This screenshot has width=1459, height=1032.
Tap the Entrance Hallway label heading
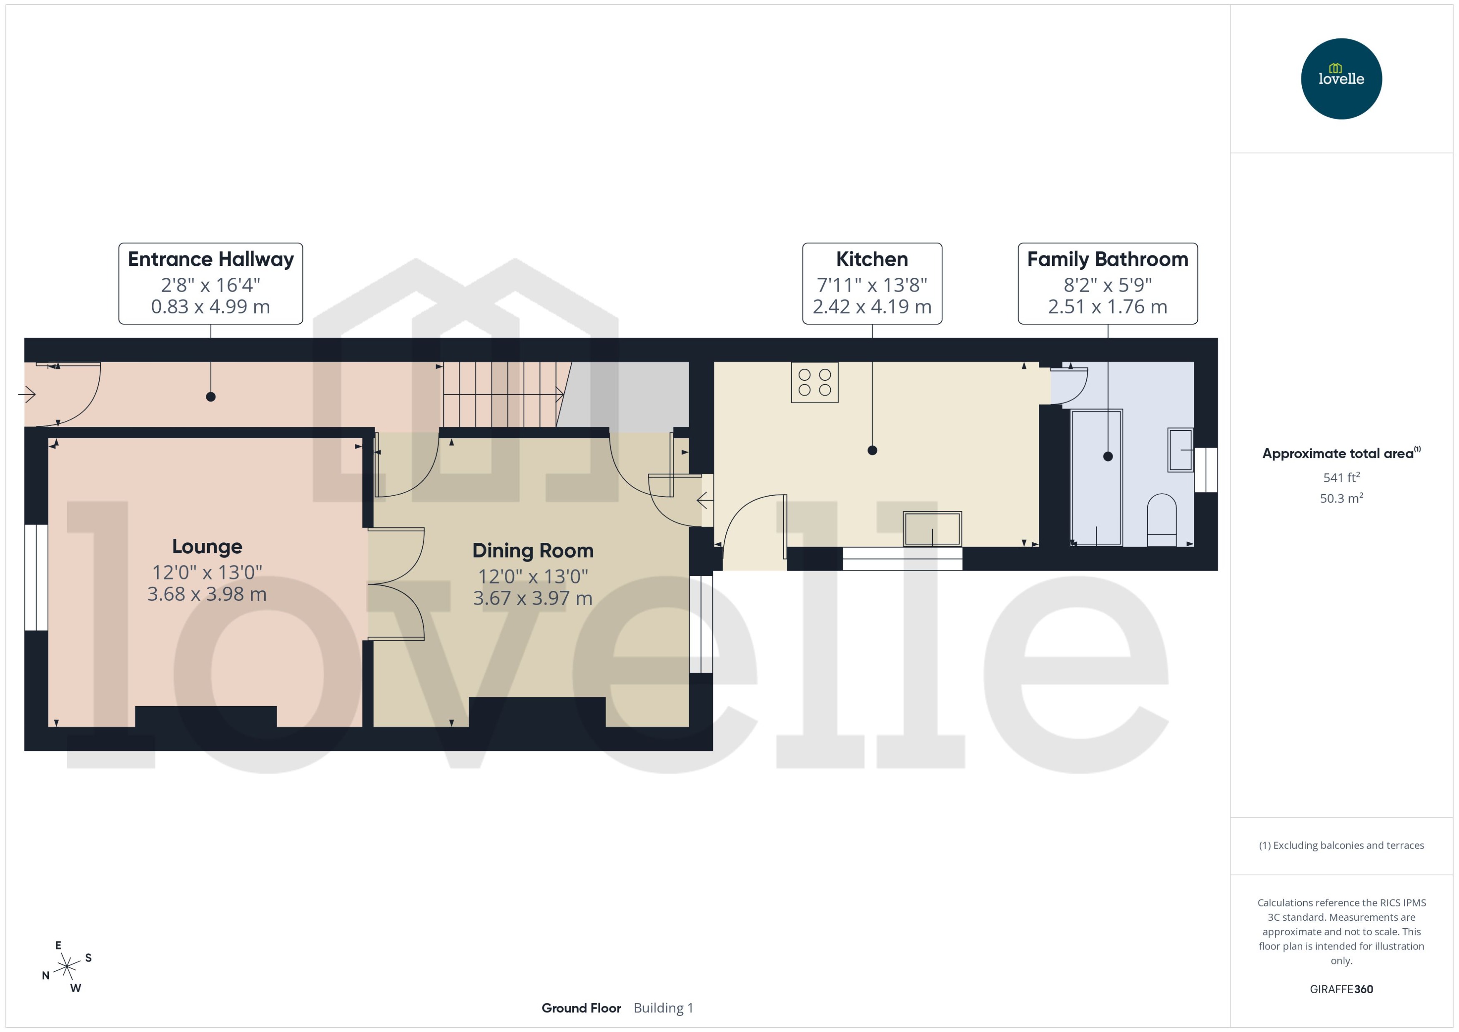[211, 259]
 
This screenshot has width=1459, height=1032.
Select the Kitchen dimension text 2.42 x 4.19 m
[872, 307]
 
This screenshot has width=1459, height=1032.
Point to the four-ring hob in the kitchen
[815, 382]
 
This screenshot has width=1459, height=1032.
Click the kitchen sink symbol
[932, 528]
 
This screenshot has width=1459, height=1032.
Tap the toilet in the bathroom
[1161, 520]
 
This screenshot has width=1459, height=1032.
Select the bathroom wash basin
[1180, 450]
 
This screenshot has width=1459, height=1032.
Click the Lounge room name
[207, 547]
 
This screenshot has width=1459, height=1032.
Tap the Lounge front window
[36, 577]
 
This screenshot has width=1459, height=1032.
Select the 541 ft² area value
[1341, 477]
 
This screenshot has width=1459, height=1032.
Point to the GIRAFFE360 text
[1341, 989]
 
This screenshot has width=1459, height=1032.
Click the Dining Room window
[701, 624]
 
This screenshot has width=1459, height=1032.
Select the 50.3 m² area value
[1341, 498]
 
